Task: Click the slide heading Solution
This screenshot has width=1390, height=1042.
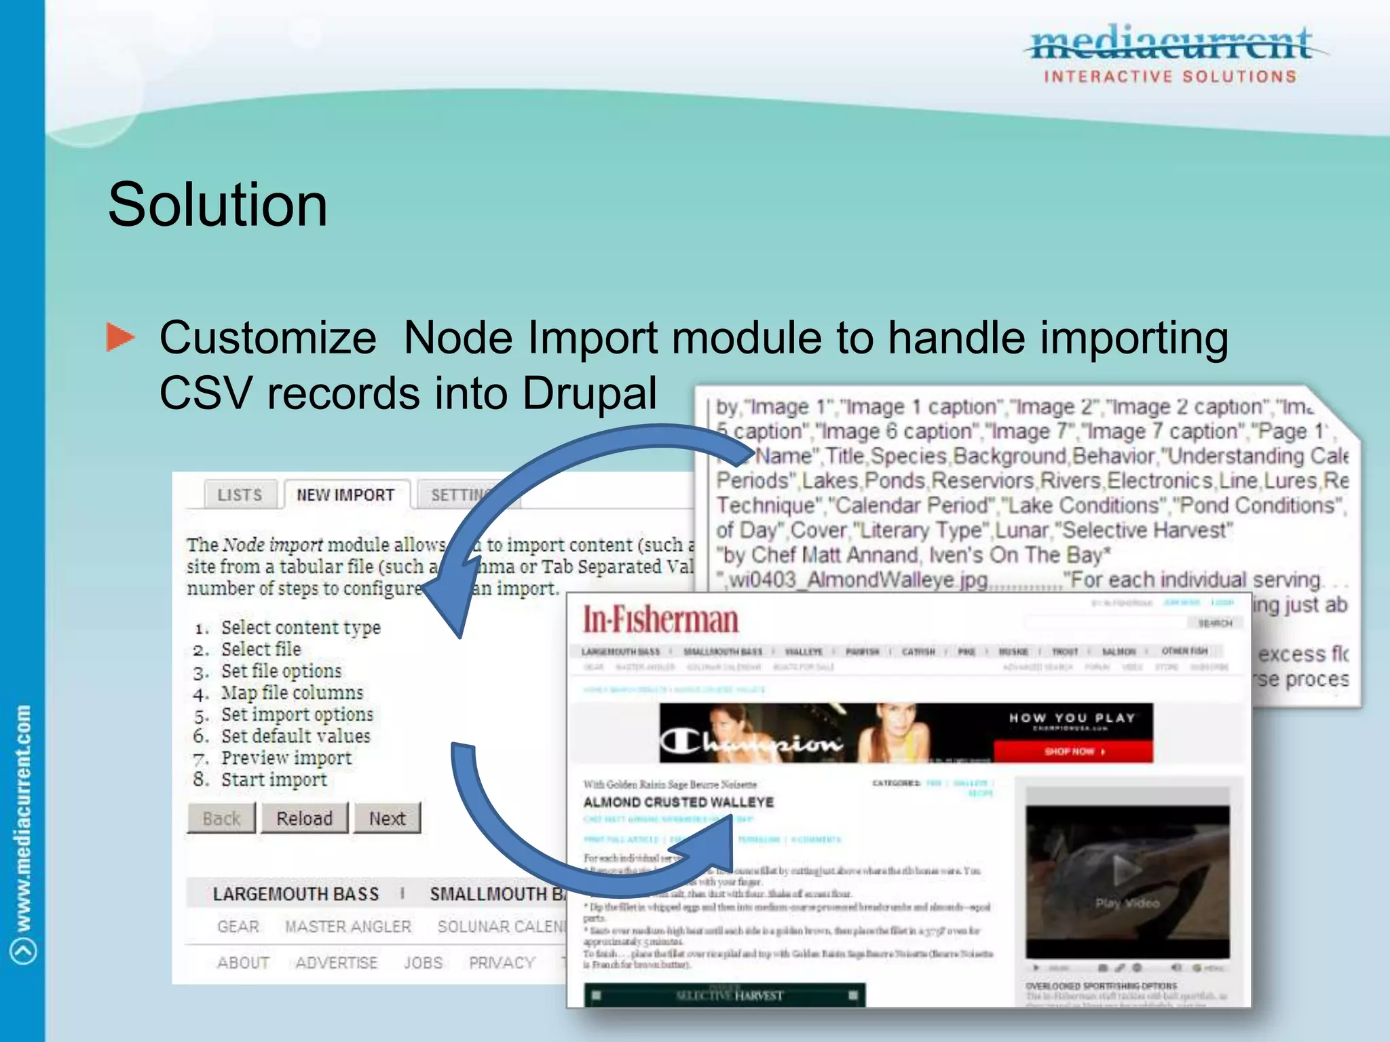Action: (217, 205)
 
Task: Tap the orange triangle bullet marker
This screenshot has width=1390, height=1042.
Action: (121, 337)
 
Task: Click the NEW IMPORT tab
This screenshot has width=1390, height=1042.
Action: (345, 495)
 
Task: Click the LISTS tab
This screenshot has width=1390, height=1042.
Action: (240, 495)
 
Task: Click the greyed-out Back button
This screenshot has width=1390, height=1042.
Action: (221, 818)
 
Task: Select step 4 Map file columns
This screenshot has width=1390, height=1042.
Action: (292, 693)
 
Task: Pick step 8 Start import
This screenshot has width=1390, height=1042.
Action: (274, 779)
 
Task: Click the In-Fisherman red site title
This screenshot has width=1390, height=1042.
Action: (660, 620)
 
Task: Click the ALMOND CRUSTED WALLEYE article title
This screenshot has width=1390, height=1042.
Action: (678, 803)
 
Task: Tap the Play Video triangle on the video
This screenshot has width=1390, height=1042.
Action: (1127, 870)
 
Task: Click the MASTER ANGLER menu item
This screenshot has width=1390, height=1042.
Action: (347, 927)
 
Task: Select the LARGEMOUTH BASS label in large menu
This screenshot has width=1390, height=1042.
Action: (295, 894)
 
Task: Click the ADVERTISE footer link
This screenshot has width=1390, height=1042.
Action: (336, 963)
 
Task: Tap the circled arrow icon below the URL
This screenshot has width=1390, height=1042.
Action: (23, 950)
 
